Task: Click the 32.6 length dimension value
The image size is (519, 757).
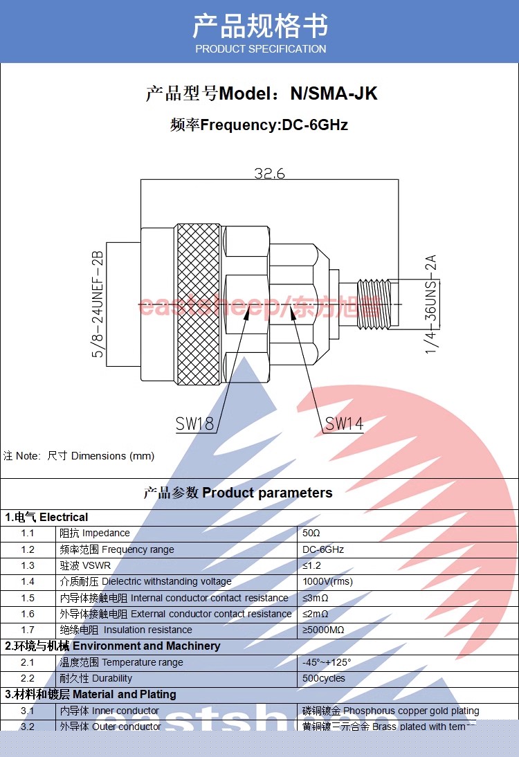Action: pos(269,173)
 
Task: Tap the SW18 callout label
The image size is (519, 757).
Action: pos(195,424)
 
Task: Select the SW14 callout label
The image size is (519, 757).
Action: pos(344,423)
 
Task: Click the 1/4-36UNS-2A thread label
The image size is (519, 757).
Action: pos(431,304)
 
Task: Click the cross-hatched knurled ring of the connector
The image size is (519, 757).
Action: pos(198,304)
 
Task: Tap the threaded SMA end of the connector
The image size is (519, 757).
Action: pos(374,304)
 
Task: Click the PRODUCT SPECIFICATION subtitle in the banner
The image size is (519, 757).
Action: pos(260,49)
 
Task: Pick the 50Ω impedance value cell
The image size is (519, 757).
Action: pos(313,533)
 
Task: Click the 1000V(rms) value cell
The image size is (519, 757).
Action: pos(327,582)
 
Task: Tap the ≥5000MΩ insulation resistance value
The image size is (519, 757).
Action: pos(323,630)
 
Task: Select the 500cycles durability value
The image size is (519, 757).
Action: pos(324,678)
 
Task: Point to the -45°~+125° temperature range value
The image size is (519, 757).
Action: pos(327,662)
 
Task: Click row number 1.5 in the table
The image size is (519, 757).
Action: pos(28,598)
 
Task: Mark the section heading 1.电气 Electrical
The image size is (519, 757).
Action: pos(47,517)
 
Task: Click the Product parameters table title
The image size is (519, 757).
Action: pos(238,493)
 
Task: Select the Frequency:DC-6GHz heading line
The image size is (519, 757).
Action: pos(259,125)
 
